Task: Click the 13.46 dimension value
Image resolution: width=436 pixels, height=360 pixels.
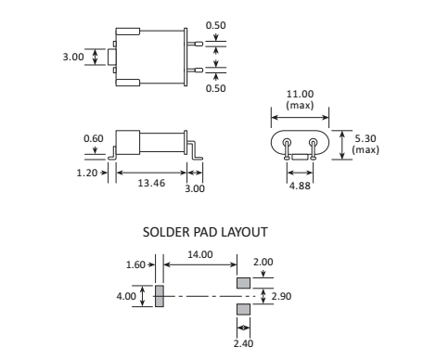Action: (x=151, y=183)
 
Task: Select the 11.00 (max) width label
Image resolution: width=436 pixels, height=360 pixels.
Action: (x=300, y=99)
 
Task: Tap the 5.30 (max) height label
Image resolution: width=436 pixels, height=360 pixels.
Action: (x=365, y=144)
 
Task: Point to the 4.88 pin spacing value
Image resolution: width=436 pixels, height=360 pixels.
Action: (x=300, y=186)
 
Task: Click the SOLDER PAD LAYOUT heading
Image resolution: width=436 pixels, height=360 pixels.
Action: (x=205, y=232)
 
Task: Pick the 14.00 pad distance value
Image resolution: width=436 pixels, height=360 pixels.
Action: (x=200, y=254)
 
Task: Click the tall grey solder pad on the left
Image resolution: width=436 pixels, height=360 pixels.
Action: (x=160, y=296)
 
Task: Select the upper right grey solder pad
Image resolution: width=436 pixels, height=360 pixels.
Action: (x=243, y=283)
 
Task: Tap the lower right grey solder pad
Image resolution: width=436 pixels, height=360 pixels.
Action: (x=243, y=309)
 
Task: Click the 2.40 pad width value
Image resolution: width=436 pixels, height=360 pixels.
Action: (x=243, y=343)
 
